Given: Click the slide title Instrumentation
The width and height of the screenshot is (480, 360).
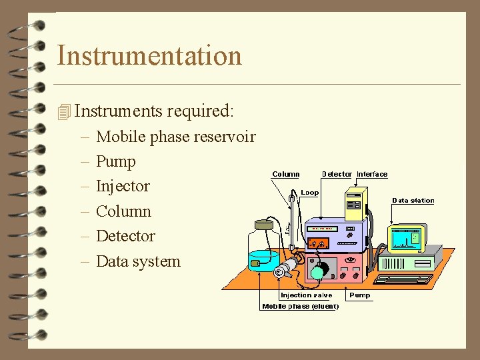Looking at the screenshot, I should pyautogui.click(x=149, y=55).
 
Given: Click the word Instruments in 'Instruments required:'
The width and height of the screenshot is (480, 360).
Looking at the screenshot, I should pyautogui.click(x=106, y=110).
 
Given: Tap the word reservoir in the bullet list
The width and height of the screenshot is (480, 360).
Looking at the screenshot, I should pyautogui.click(x=225, y=137).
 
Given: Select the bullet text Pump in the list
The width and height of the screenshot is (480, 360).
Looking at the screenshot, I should pyautogui.click(x=115, y=161).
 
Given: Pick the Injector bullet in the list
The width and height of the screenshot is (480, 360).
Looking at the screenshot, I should pyautogui.click(x=123, y=186).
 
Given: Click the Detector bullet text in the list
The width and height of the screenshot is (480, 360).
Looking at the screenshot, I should pyautogui.click(x=125, y=236).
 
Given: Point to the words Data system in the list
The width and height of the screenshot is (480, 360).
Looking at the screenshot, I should pyautogui.click(x=138, y=261).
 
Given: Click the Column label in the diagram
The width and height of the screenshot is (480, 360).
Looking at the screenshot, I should pyautogui.click(x=285, y=175).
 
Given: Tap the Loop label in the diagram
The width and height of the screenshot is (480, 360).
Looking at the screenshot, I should pyautogui.click(x=310, y=193).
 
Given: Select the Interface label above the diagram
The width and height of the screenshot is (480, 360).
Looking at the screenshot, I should pyautogui.click(x=372, y=175).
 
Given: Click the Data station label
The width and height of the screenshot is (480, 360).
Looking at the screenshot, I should pyautogui.click(x=413, y=201).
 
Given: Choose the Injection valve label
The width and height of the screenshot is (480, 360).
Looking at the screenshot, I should pyautogui.click(x=306, y=295).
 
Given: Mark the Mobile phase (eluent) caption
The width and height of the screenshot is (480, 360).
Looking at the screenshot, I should pyautogui.click(x=300, y=307).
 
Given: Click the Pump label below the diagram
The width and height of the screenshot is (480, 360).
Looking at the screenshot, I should pyautogui.click(x=359, y=295).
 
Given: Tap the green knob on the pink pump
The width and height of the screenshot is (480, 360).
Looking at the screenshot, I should pyautogui.click(x=318, y=271).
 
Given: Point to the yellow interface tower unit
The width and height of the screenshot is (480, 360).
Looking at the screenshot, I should pyautogui.click(x=355, y=203).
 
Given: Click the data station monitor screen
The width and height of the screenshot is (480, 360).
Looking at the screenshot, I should pyautogui.click(x=407, y=236).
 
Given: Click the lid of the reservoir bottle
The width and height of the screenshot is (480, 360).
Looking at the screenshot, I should pyautogui.click(x=264, y=225).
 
